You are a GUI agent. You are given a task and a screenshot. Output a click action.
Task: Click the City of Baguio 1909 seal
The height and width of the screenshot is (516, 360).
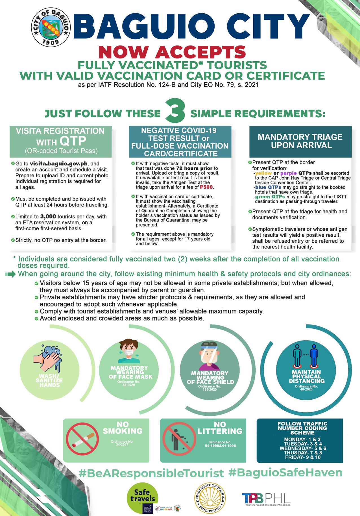coord(51,27)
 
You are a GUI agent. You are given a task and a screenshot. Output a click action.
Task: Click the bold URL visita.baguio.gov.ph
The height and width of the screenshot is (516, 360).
coord(58,164)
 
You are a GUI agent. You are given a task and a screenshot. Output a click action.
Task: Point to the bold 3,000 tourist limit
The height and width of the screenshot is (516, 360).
coord(48,217)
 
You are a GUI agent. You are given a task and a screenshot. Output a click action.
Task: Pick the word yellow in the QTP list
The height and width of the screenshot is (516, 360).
coord(263,173)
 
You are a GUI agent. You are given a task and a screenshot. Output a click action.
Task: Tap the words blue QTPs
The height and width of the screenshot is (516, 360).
coord(268,187)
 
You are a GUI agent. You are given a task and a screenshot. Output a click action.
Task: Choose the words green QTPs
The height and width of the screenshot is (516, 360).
coord(270,197)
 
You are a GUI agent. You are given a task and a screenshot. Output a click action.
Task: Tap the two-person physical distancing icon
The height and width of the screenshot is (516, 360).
coord(306,355)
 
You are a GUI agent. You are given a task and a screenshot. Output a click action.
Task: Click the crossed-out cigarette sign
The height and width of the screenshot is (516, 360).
coord(82,439)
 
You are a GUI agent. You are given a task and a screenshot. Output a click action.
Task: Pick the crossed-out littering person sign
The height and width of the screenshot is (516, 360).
coord(178,439)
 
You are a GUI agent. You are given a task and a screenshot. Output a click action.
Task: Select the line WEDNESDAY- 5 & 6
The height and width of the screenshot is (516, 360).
coord(303,448)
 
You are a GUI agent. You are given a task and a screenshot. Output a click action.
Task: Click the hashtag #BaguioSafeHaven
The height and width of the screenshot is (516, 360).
coord(285,473)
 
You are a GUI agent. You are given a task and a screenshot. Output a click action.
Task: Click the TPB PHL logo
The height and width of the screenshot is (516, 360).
coord(266,499)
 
